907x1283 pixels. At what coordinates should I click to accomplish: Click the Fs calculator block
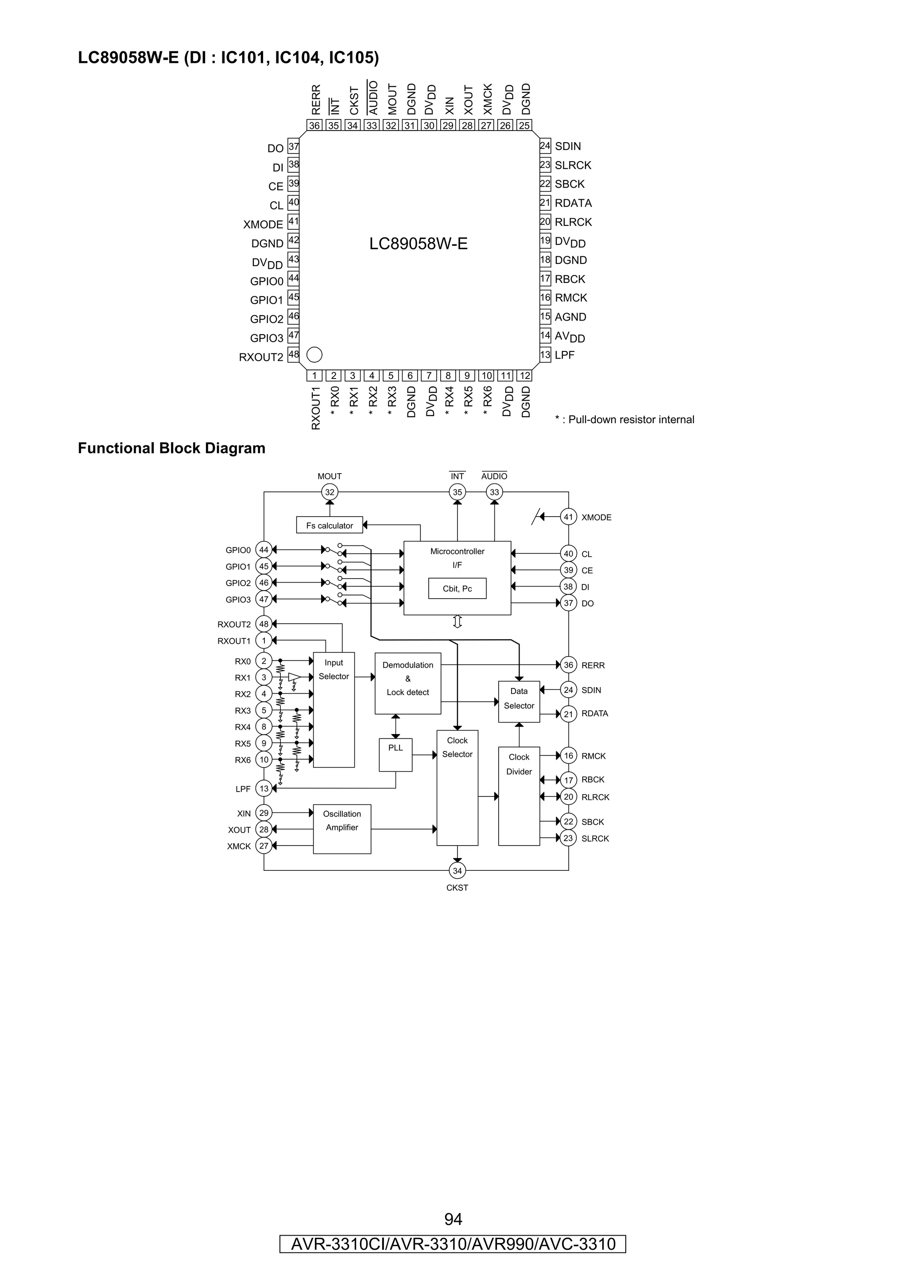(329, 525)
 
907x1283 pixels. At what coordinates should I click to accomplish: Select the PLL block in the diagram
(395, 755)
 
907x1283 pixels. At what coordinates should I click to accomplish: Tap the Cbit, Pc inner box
(457, 588)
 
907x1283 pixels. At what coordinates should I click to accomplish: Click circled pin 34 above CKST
(457, 870)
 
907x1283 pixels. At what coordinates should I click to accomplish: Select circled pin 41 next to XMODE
(568, 517)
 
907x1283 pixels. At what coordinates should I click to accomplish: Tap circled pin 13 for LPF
(264, 788)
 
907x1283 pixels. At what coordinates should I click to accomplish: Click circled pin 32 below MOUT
(329, 492)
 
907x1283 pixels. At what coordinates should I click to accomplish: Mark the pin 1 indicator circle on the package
(314, 354)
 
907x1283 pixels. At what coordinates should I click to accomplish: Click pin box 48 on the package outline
(293, 354)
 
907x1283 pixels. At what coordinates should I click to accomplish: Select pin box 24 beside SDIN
(545, 146)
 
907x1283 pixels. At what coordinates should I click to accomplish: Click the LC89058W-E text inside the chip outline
(418, 243)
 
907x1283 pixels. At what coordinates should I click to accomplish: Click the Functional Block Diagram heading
(171, 448)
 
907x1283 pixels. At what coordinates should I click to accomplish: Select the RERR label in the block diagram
(593, 665)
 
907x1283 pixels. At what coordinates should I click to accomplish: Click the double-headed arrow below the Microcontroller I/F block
(457, 622)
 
